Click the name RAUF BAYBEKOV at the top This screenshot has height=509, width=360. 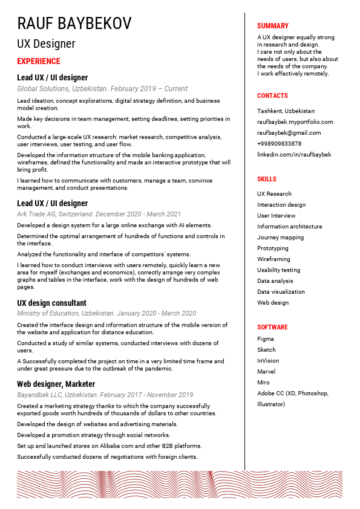coord(74,24)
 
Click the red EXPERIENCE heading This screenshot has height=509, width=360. coord(39,61)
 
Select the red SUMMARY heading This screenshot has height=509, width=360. coord(273,26)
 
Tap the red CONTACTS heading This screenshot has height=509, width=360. coord(272,96)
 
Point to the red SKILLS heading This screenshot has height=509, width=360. coord(266,179)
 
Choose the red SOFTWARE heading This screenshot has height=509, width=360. coord(272,327)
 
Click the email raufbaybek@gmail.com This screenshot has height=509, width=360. coord(289,133)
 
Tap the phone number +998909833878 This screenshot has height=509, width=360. coord(279,144)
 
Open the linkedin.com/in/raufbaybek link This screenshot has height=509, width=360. coord(294,155)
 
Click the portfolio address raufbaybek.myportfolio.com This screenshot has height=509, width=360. coord(295,122)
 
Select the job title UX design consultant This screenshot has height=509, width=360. coord(51,303)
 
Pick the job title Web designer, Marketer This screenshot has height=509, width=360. coord(56,384)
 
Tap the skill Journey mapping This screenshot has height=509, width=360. coord(280,238)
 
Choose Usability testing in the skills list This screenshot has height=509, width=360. coord(279,270)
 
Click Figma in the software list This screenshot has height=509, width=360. coord(265,339)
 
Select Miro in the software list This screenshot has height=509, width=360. coord(263,383)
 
